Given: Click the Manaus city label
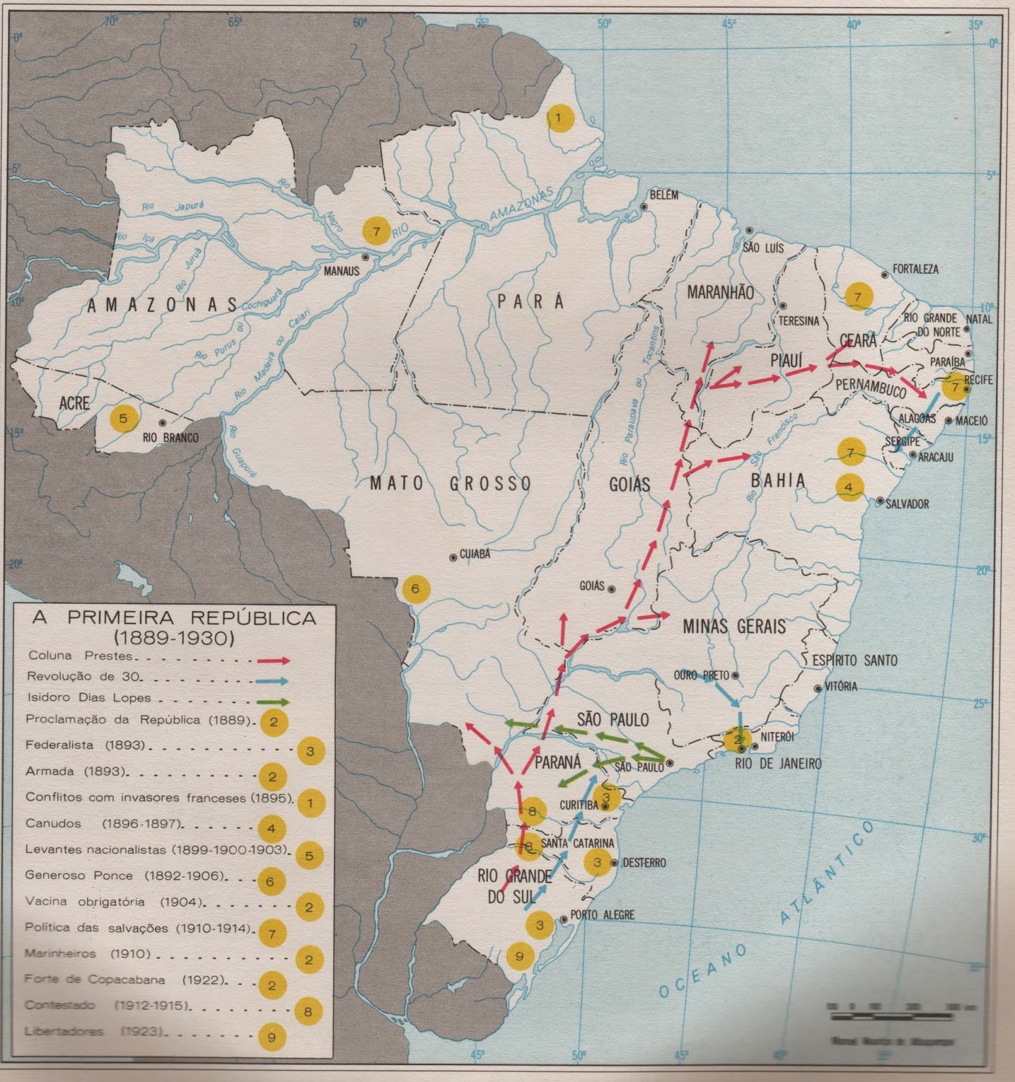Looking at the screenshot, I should point(341,270).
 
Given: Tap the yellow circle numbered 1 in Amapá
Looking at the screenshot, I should point(559,118).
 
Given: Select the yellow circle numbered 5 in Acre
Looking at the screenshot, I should point(123,419).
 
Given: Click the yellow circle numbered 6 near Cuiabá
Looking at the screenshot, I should point(415,588).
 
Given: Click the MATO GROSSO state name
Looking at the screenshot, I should point(450,484).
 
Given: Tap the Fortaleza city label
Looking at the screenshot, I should point(915,269).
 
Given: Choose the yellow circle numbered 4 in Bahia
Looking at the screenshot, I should point(849,487).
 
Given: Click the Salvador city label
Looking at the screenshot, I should point(907,504).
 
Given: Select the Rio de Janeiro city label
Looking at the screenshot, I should point(778,763).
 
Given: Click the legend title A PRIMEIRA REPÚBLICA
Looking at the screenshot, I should point(174,618).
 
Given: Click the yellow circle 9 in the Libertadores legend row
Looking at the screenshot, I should point(272,1037).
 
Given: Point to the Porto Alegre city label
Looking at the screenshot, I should point(602,915).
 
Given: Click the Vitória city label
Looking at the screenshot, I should point(841,686).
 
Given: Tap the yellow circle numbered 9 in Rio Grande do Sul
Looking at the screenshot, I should point(519,956).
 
